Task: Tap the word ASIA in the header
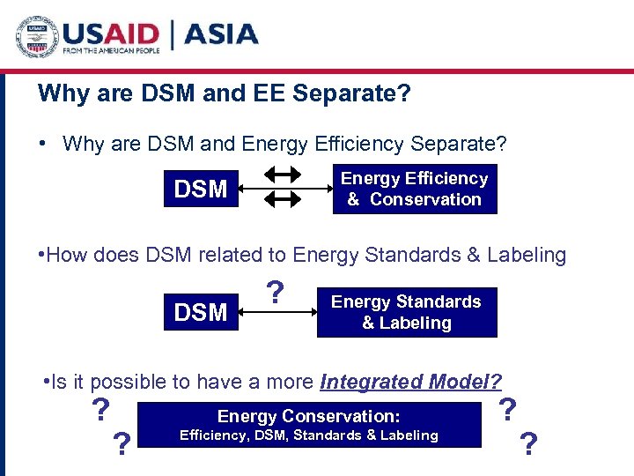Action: point(222,34)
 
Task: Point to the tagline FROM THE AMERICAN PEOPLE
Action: point(110,52)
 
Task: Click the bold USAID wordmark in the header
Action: point(110,33)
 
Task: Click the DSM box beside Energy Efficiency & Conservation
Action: point(202,189)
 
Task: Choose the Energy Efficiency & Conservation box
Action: point(414,189)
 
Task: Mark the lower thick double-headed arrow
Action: point(283,201)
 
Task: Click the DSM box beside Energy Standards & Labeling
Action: point(202,312)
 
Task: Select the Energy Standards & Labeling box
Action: point(406,312)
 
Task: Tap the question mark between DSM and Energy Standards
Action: point(276,292)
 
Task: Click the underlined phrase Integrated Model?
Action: point(410,382)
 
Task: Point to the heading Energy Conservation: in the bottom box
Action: point(308,416)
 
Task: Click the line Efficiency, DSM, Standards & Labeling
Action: point(308,435)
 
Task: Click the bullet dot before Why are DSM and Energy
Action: point(42,143)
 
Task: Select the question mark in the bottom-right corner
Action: point(528,443)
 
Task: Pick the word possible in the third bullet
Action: point(119,382)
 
